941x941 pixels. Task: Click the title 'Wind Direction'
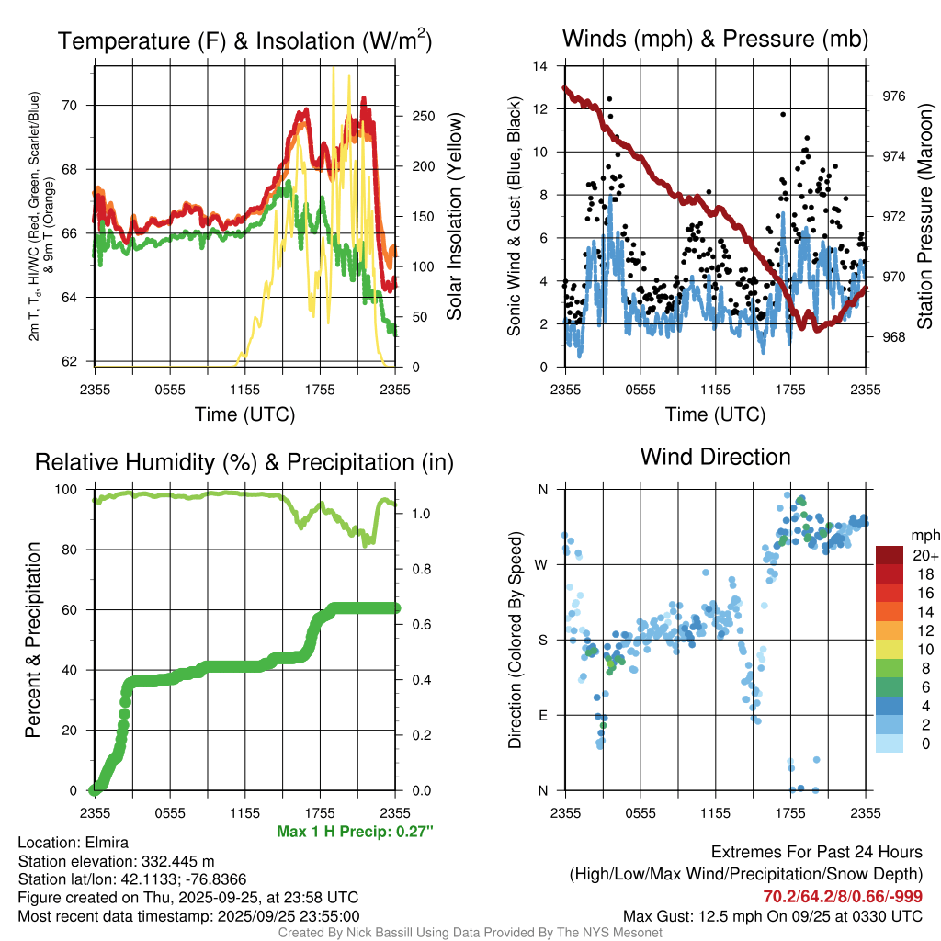715,457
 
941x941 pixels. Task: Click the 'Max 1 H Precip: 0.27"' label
354,832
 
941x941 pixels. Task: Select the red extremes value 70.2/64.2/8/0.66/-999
843,897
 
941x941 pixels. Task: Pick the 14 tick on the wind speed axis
541,66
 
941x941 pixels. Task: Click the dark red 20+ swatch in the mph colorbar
889,555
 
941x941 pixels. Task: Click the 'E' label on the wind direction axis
542,715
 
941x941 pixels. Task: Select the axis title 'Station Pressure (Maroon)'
924,217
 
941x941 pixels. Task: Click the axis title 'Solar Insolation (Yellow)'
453,217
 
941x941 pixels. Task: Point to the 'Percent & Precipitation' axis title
32,640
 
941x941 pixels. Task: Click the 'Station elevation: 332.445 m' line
116,861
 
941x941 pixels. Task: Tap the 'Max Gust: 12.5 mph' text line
773,915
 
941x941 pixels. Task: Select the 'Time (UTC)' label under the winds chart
716,414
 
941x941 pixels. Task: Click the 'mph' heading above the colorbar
924,535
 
